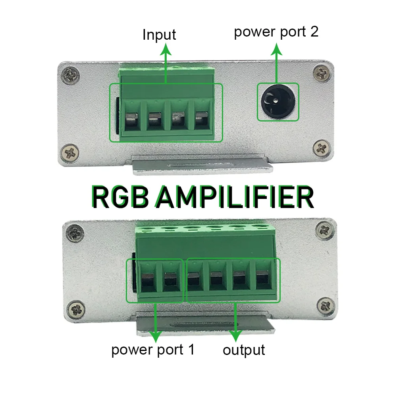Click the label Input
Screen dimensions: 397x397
(159, 35)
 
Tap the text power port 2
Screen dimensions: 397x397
(276, 32)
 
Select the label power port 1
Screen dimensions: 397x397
(153, 350)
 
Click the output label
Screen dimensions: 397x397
(243, 350)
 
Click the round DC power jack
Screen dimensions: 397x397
(277, 102)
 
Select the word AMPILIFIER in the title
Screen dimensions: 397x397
(234, 197)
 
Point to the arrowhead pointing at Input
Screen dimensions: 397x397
(166, 50)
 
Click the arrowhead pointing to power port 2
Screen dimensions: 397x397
(277, 49)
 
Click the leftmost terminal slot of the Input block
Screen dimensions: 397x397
(132, 119)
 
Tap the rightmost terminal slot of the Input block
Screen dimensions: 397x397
(201, 119)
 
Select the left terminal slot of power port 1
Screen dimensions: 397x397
(148, 280)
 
